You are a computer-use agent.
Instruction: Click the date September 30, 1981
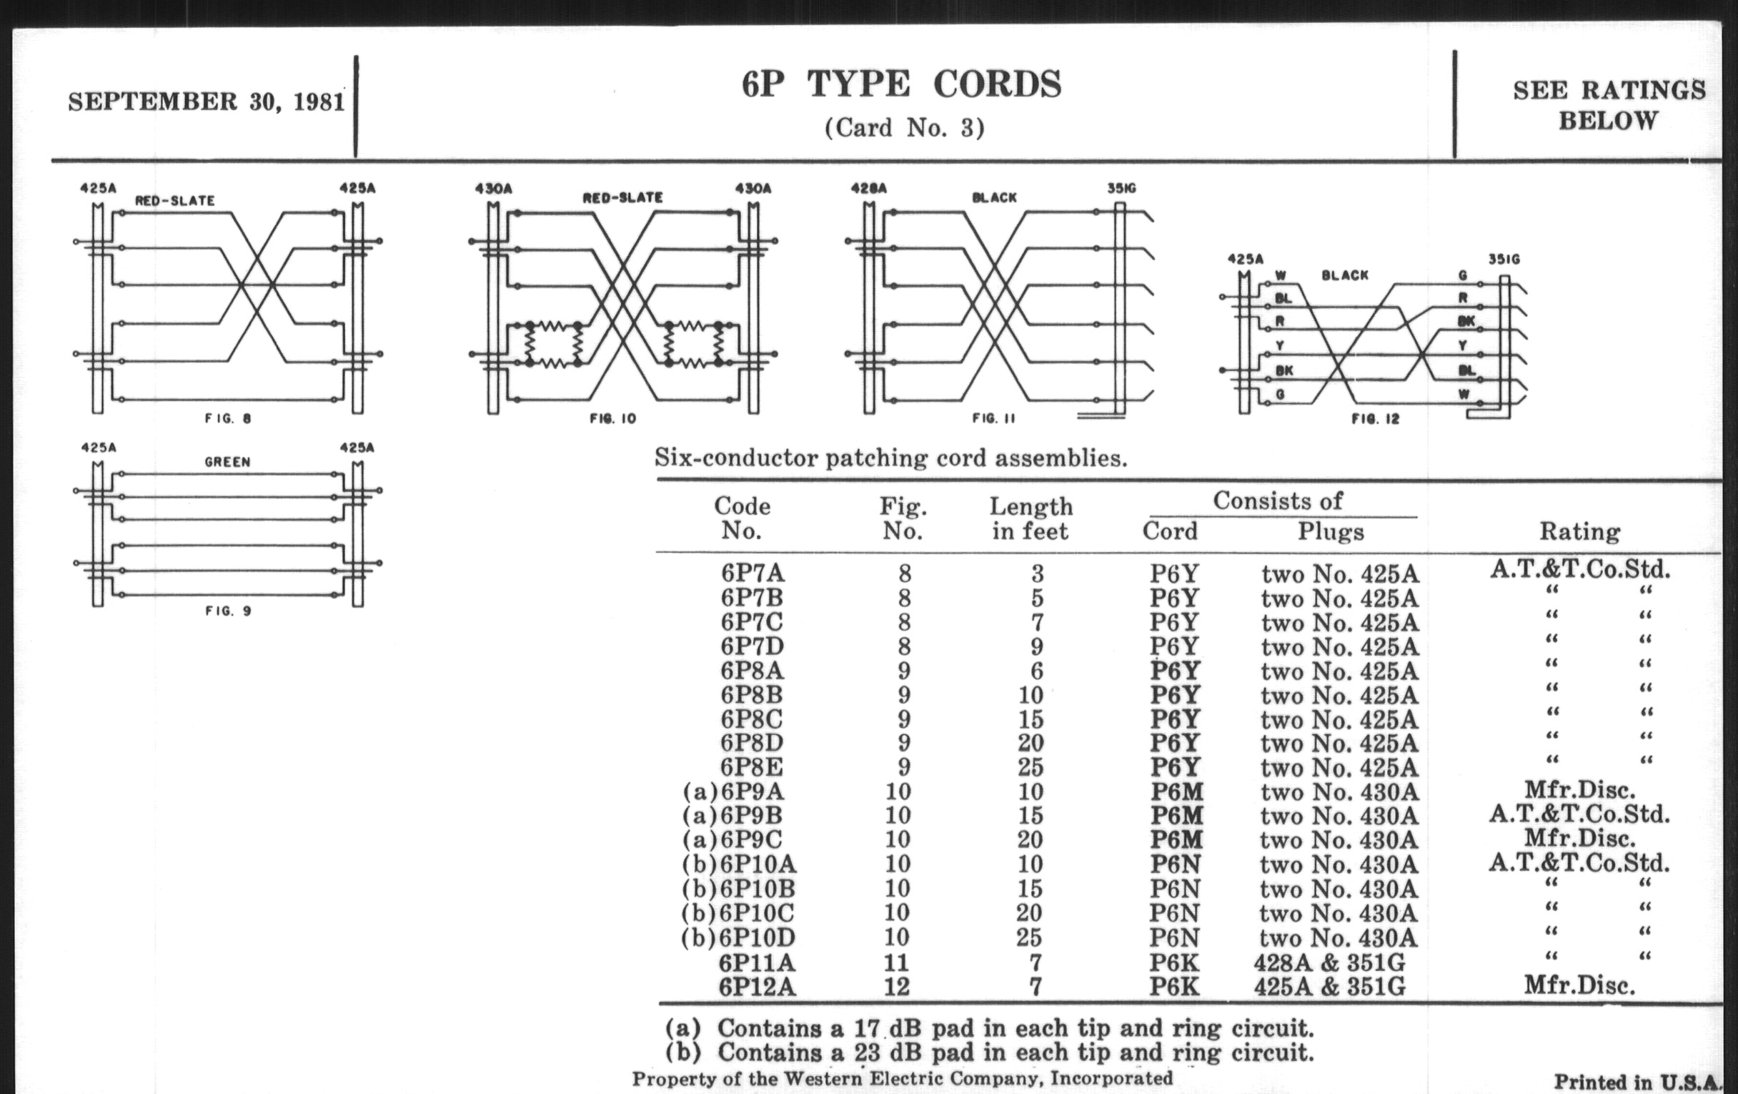pyautogui.click(x=207, y=102)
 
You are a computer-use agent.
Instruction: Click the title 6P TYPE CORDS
pyautogui.click(x=901, y=84)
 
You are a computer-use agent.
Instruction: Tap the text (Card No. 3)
pyautogui.click(x=904, y=128)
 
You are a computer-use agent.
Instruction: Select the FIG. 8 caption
pyautogui.click(x=228, y=418)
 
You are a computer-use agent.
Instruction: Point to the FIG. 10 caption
pyautogui.click(x=612, y=418)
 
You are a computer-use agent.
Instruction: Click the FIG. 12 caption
pyautogui.click(x=1375, y=419)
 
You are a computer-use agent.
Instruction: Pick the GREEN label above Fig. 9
pyautogui.click(x=227, y=462)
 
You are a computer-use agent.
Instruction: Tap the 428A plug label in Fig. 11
pyautogui.click(x=868, y=189)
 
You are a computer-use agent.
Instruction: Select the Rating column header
pyautogui.click(x=1579, y=531)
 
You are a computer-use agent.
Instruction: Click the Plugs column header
pyautogui.click(x=1331, y=531)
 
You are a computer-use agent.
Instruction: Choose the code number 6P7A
pyautogui.click(x=752, y=573)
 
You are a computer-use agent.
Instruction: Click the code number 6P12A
pyautogui.click(x=756, y=987)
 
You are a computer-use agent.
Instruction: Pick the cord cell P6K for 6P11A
pyautogui.click(x=1174, y=962)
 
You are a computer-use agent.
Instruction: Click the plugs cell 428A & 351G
pyautogui.click(x=1329, y=962)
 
